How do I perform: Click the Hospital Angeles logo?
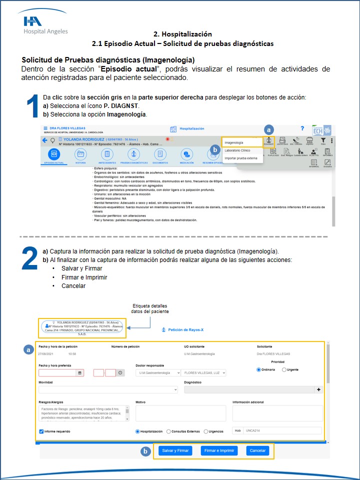coord(45,25)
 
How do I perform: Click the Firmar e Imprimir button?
coord(218,450)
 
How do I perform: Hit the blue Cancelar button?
coord(257,450)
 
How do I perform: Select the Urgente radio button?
coord(284,369)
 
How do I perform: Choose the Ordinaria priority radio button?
coord(258,369)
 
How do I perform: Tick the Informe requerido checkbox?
coord(41,431)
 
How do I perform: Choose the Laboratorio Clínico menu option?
coord(237,150)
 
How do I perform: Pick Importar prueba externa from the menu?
coord(240,158)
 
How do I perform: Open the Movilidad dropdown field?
coord(108,389)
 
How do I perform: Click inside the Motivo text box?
coord(180,413)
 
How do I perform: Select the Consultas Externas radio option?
coord(168,431)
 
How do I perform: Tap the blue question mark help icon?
coord(302,129)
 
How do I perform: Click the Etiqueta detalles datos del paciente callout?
coord(149,308)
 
